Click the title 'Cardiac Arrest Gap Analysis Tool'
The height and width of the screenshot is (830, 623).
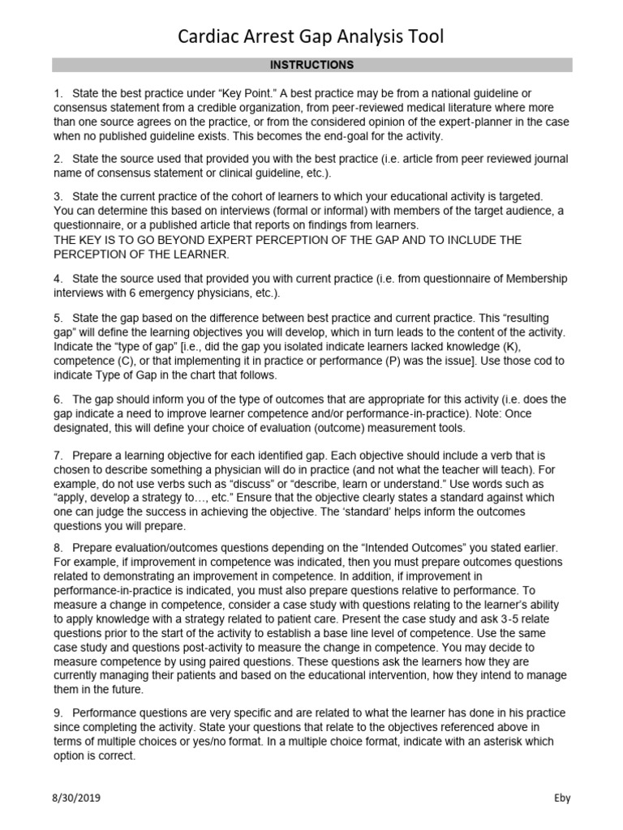tap(311, 36)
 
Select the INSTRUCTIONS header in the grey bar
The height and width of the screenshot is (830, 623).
tap(312, 65)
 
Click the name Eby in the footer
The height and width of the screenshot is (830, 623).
tap(562, 798)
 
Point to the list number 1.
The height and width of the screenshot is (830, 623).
tap(58, 94)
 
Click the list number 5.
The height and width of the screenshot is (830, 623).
tap(58, 319)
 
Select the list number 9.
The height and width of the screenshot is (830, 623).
tap(58, 713)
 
